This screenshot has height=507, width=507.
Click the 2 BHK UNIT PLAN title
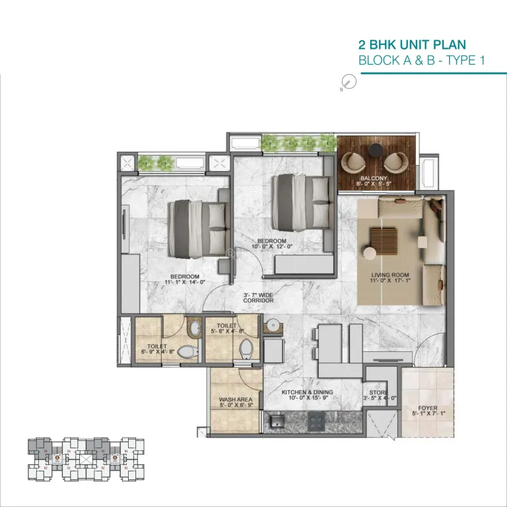click(411, 45)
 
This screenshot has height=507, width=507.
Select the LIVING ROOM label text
click(390, 275)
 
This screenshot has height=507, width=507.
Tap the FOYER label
click(428, 407)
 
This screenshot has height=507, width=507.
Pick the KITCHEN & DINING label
click(308, 392)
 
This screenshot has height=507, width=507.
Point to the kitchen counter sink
click(277, 421)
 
